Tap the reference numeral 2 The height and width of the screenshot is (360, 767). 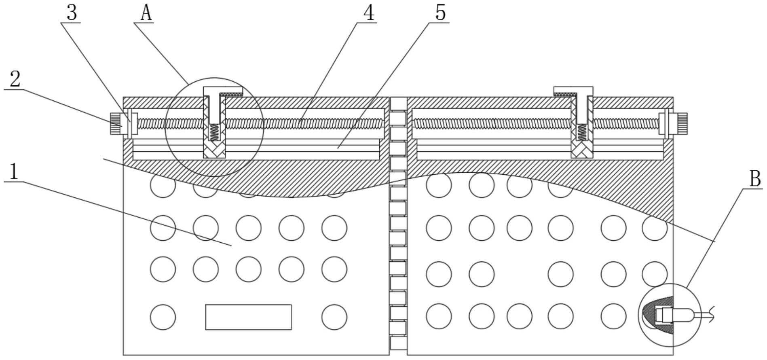tap(15, 79)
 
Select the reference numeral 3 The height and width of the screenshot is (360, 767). tap(72, 13)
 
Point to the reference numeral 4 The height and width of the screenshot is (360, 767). tap(368, 13)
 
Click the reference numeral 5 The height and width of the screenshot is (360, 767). tap(440, 13)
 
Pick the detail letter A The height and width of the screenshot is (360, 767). tap(146, 13)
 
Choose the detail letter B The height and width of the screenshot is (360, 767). tap(755, 178)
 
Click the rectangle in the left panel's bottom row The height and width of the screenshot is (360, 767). tap(249, 317)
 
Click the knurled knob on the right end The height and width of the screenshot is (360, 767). tap(681, 123)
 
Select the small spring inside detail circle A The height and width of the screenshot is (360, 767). tap(214, 132)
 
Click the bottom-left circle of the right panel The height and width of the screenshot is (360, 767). tap(439, 316)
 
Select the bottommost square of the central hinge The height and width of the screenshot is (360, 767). tap(398, 343)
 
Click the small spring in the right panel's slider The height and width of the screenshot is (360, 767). tap(582, 132)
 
